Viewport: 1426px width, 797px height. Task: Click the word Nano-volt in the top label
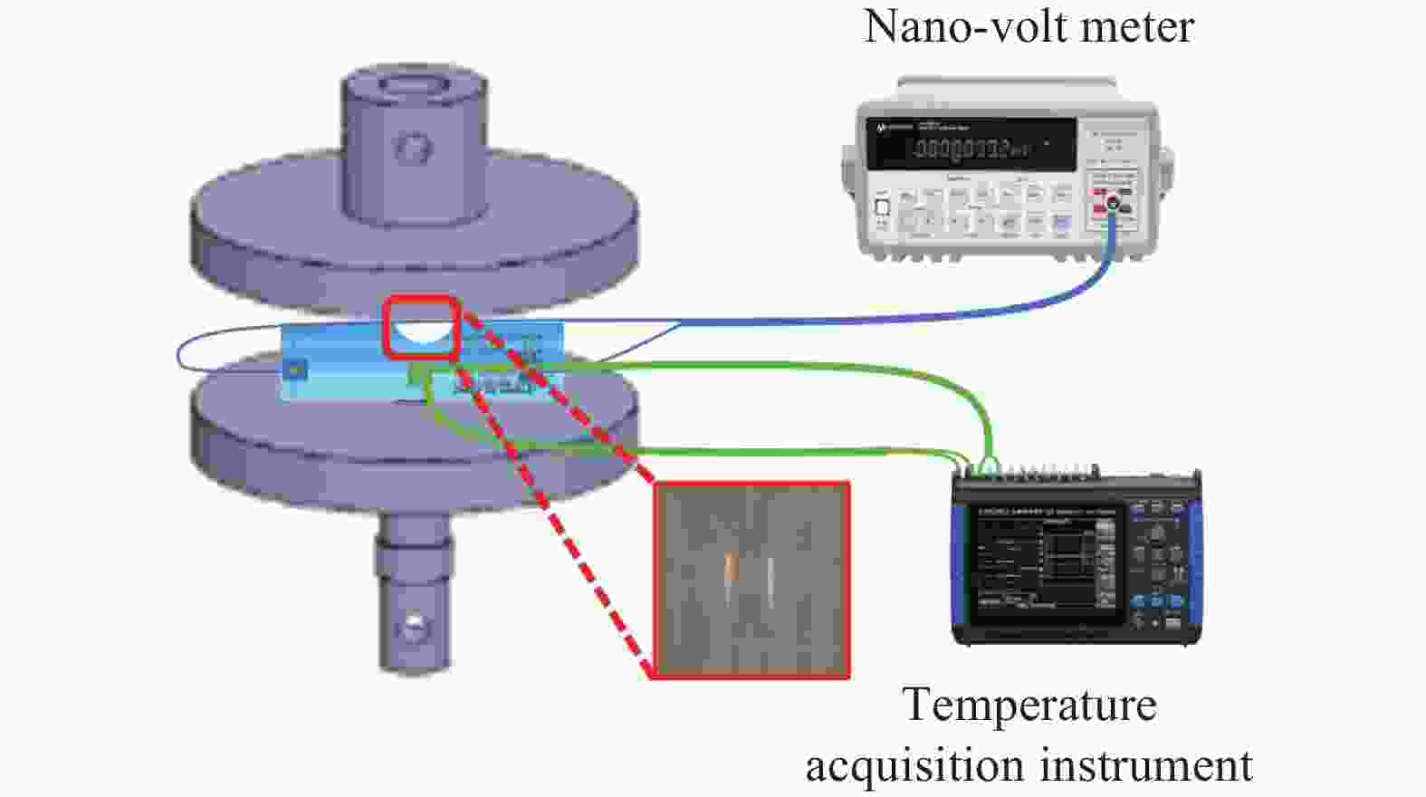coord(966,27)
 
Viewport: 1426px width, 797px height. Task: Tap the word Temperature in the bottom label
coord(1029,706)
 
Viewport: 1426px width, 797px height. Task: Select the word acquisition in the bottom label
coord(914,765)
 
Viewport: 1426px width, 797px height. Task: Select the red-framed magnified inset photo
coord(751,580)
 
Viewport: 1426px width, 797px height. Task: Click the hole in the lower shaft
coord(414,624)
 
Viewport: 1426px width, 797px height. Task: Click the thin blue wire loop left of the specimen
coord(195,353)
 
